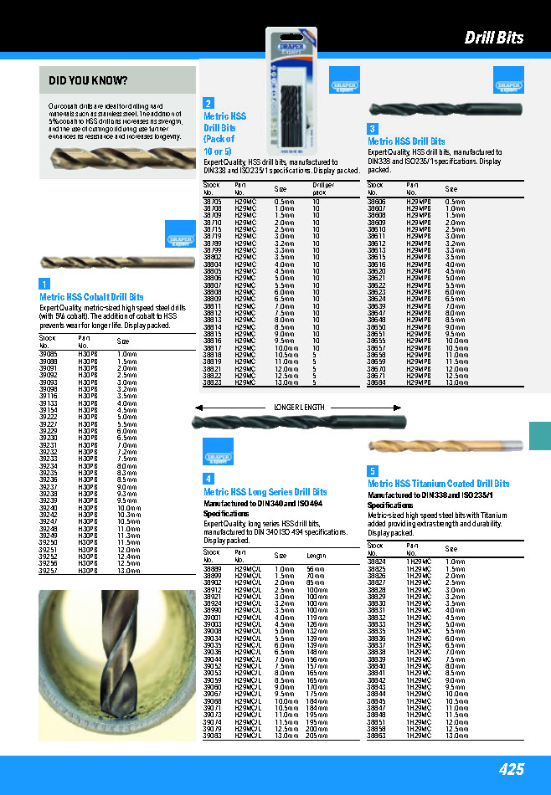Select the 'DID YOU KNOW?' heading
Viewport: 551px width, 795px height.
tap(88, 80)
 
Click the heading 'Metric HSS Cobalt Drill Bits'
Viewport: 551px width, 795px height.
tap(91, 297)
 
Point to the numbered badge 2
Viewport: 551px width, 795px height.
tap(209, 103)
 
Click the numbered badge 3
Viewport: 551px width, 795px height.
tap(373, 129)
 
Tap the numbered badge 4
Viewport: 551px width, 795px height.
tap(209, 479)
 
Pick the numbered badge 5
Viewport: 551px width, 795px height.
tap(373, 471)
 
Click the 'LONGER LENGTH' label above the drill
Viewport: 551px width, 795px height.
tap(299, 407)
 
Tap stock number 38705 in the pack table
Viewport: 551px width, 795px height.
tap(213, 202)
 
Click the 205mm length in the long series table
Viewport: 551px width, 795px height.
tap(315, 736)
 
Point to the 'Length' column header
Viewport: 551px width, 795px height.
tap(316, 555)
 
